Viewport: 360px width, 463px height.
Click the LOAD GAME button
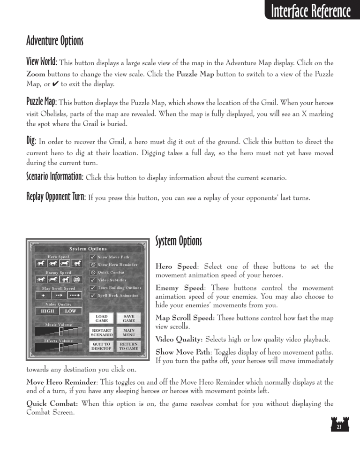[x=102, y=319]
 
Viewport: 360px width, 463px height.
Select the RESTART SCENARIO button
[x=102, y=333]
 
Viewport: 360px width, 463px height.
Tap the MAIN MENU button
[x=128, y=333]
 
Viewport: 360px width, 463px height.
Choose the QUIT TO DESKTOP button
[x=102, y=347]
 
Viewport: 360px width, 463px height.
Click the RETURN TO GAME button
[x=128, y=347]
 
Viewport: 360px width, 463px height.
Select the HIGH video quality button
[x=47, y=311]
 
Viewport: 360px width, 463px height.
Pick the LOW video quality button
[x=70, y=311]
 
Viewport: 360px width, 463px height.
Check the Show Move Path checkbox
[x=93, y=257]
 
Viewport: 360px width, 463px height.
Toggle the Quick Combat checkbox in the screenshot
[x=93, y=272]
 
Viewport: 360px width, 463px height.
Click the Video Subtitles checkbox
[x=93, y=280]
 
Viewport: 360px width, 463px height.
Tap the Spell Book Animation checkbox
[x=93, y=296]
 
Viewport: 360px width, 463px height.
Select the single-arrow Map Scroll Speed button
[x=43, y=296]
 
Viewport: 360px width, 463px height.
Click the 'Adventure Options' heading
[x=55, y=41]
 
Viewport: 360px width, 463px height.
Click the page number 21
[x=338, y=427]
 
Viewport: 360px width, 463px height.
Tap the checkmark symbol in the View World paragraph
[x=54, y=84]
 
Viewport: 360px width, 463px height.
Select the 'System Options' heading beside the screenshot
[x=178, y=242]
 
